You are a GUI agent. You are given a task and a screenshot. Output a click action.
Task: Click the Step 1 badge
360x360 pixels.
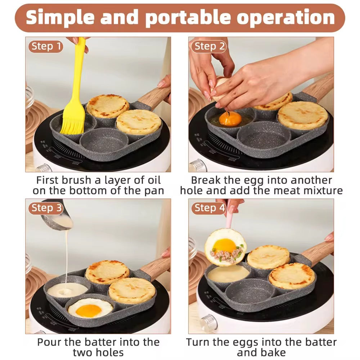click(46, 46)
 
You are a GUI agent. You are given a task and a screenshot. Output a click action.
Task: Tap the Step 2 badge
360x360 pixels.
click(209, 46)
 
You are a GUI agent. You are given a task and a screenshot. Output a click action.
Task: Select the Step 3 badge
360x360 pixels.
click(46, 208)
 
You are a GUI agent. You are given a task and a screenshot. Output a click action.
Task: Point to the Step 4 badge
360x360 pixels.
click(209, 208)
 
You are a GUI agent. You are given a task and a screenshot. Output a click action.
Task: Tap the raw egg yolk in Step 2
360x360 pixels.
click(230, 118)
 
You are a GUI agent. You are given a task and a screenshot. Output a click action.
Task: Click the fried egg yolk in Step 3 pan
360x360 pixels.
click(89, 310)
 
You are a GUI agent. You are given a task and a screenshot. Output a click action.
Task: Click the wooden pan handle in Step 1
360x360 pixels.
click(153, 97)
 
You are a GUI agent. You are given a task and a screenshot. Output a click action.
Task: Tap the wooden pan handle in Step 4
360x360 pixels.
click(317, 252)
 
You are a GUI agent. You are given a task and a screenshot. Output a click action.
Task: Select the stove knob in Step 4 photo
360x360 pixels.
click(208, 320)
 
